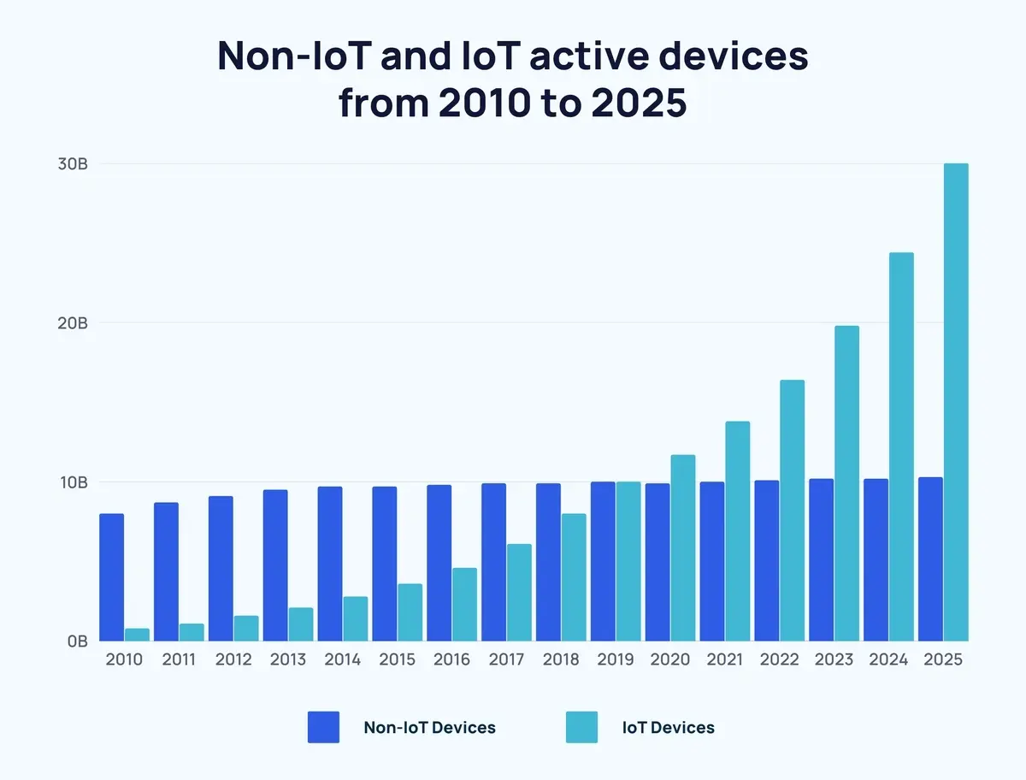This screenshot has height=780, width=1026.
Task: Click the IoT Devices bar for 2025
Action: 956,402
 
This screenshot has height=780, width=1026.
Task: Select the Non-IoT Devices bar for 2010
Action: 111,577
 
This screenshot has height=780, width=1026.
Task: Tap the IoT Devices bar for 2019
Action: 628,561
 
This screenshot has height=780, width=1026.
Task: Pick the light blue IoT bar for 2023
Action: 846,483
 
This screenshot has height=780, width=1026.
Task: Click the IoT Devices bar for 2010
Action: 137,635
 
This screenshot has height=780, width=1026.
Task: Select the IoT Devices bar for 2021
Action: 737,531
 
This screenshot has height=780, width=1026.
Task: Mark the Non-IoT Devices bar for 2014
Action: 330,564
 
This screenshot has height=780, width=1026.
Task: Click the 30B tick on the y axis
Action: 72,164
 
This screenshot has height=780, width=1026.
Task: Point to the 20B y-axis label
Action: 72,323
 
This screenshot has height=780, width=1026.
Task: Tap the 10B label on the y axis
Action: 73,482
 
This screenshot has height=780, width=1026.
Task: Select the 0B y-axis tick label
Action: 75,641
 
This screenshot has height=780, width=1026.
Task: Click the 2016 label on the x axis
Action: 451,660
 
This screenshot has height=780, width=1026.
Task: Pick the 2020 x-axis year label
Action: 670,660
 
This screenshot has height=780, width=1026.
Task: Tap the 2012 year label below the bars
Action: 233,660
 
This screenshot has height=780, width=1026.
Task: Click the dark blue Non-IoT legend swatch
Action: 323,728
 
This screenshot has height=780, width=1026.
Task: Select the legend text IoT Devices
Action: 668,728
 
